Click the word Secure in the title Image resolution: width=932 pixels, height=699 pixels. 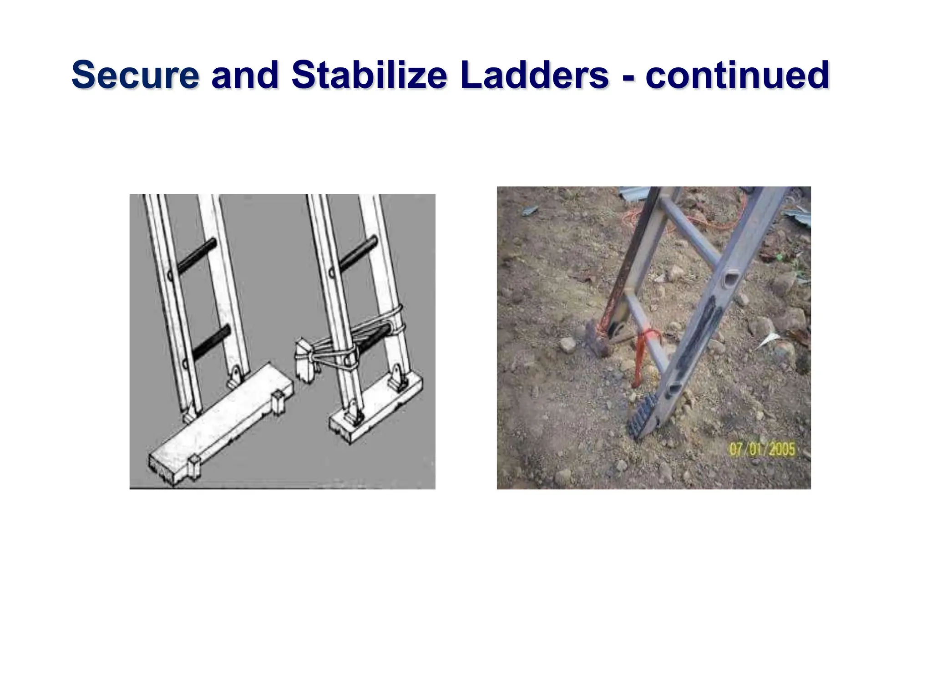click(x=135, y=75)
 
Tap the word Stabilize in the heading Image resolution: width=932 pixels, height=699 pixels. click(x=369, y=75)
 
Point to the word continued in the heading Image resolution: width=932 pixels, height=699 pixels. click(x=737, y=75)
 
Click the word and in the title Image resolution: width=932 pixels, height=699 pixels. click(x=245, y=75)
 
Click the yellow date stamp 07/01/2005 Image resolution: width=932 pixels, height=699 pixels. click(x=762, y=449)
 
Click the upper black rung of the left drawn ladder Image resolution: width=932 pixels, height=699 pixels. click(x=197, y=257)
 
